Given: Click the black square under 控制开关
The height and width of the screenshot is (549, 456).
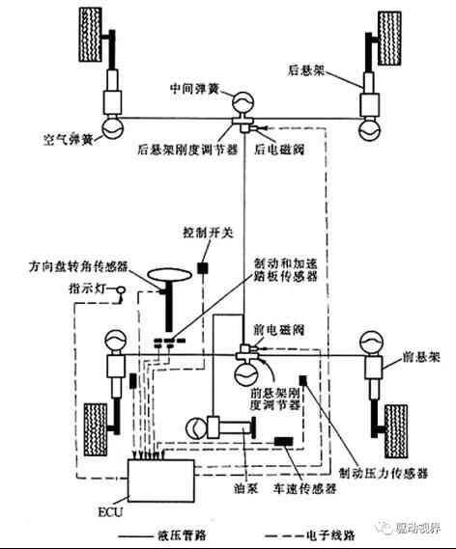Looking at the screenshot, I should click(204, 266).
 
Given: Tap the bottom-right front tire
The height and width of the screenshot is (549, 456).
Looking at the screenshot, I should click(397, 426).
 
